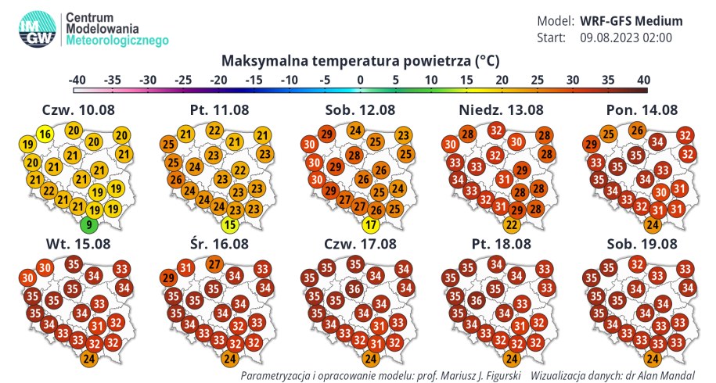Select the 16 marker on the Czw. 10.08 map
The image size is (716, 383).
(x=46, y=135)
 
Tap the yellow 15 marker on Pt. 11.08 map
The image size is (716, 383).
(x=230, y=227)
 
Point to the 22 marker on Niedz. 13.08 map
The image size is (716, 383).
(x=511, y=226)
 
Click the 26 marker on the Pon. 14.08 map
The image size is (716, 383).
(x=637, y=130)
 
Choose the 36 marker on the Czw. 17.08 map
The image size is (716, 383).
(x=354, y=288)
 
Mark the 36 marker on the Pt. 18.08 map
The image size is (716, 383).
(x=474, y=299)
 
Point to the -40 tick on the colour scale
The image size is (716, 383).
(x=77, y=80)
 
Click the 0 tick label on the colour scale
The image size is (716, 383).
(x=360, y=80)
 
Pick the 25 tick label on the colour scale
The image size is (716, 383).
(x=537, y=80)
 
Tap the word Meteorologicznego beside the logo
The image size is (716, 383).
(x=117, y=40)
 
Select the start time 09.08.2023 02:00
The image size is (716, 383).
(x=626, y=38)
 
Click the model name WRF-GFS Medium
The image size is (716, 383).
(x=631, y=21)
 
